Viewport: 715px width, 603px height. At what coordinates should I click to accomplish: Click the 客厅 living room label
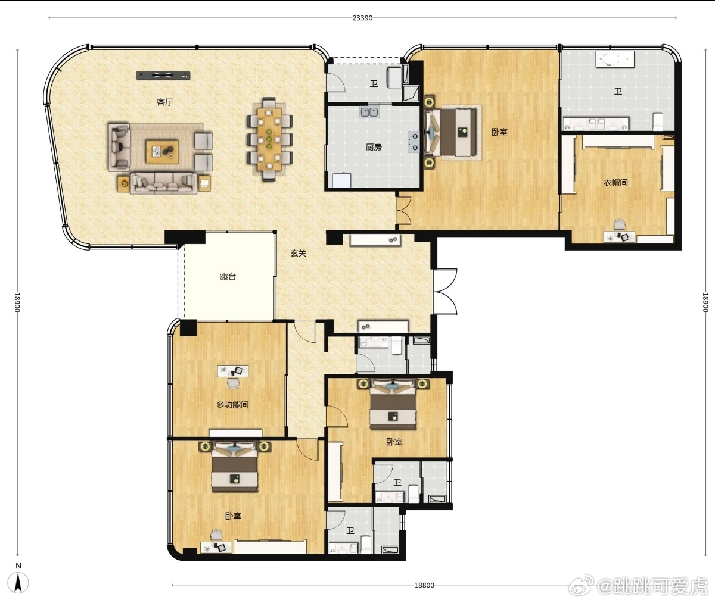tap(164, 102)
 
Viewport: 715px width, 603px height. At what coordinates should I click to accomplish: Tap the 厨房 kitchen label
tap(374, 147)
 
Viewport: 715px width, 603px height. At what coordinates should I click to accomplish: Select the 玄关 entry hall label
tap(298, 253)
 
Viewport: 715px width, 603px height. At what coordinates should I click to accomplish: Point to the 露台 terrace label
tap(228, 276)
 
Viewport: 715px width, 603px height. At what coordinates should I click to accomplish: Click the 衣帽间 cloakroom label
tap(615, 182)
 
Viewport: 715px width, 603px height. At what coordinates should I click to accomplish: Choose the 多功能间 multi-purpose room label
tap(232, 405)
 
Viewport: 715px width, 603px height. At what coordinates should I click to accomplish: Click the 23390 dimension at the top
tap(362, 18)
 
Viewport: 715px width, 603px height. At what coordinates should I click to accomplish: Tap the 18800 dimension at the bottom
tap(424, 585)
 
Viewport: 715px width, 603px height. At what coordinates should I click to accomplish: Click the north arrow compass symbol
tap(18, 583)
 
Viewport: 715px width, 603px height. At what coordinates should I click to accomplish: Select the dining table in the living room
tap(269, 139)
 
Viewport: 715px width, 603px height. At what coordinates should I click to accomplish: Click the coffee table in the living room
tap(162, 152)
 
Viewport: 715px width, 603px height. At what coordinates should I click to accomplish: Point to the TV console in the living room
tap(163, 75)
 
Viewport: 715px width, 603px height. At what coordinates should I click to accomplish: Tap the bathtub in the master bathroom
tap(615, 60)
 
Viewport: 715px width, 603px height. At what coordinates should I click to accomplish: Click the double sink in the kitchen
tap(369, 112)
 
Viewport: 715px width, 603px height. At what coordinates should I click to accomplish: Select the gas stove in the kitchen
tap(414, 142)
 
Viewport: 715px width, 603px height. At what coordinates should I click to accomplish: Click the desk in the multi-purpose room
tap(233, 371)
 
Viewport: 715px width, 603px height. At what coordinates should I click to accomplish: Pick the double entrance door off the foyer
tap(445, 292)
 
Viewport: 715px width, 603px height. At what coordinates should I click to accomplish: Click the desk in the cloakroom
tap(619, 237)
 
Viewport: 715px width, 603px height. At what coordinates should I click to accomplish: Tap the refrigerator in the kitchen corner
tap(342, 180)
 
